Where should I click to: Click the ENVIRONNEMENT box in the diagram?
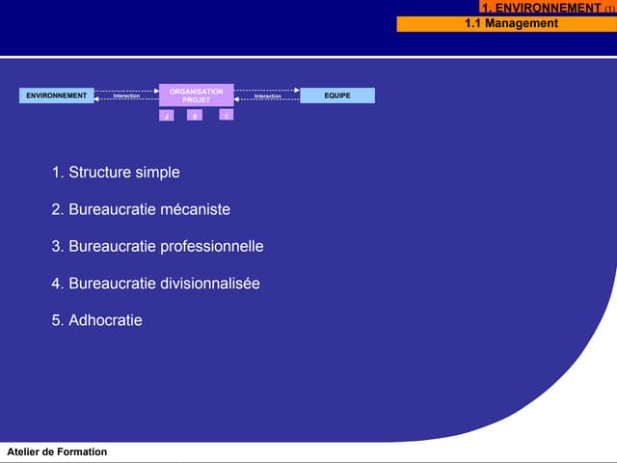tap(57, 95)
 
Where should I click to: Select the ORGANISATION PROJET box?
tap(196, 95)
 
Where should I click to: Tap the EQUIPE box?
tap(337, 95)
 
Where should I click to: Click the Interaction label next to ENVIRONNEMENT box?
tap(126, 96)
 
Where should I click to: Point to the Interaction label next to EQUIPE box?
tap(267, 96)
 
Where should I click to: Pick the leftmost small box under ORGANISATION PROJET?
tap(167, 116)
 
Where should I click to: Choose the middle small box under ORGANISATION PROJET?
tap(195, 116)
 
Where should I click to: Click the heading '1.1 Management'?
tap(511, 23)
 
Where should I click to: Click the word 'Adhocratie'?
tap(105, 320)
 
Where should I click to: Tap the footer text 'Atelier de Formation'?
tap(57, 452)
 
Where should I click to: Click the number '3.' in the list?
tap(58, 247)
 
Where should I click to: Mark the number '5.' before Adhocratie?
tap(58, 320)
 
